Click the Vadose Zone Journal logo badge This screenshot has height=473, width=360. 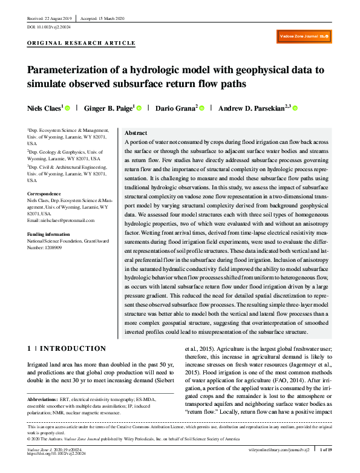(304, 37)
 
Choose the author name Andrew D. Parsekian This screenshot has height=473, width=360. (245, 108)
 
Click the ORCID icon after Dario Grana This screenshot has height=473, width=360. (202, 108)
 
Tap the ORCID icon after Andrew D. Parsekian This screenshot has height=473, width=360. (278, 108)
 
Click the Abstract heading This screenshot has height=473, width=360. (136, 132)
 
